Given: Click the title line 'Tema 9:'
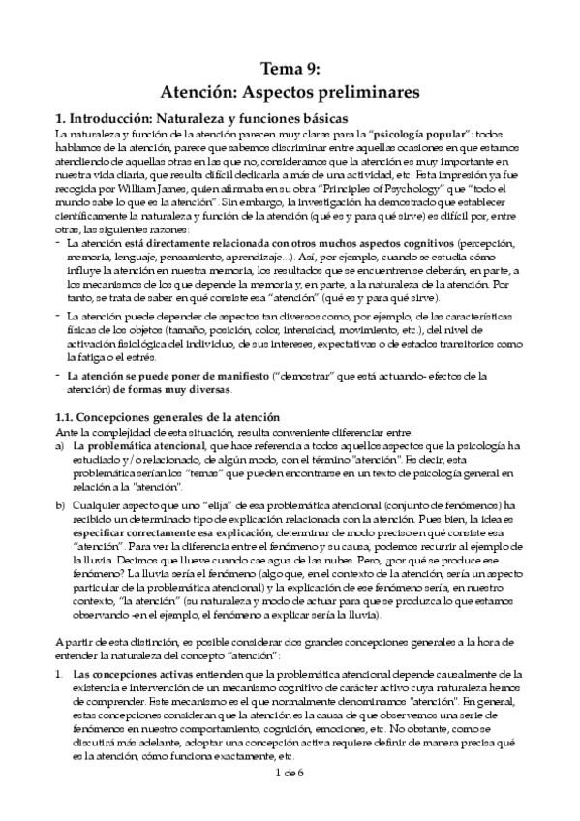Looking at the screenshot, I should (x=290, y=69).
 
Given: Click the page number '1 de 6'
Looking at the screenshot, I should (x=290, y=800).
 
